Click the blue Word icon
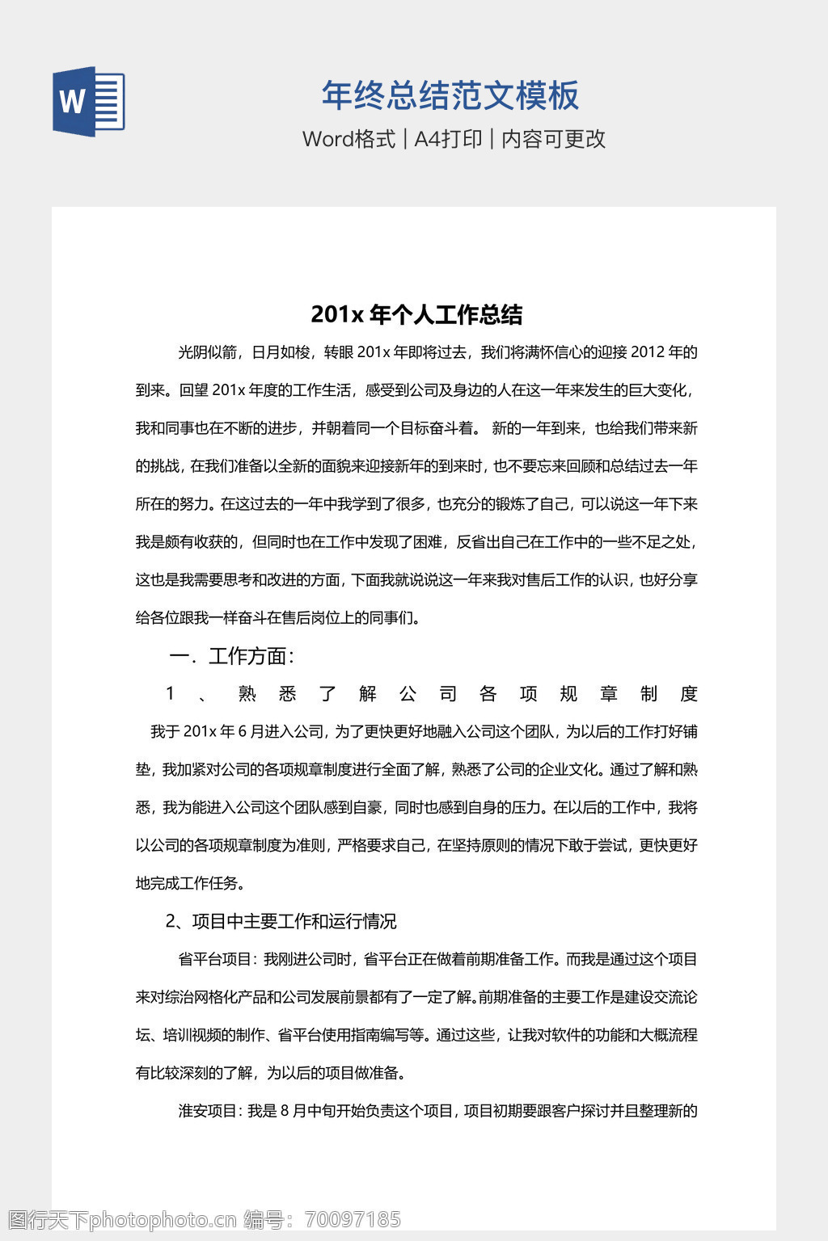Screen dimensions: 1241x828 (x=88, y=102)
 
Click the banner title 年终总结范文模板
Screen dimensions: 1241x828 (x=450, y=95)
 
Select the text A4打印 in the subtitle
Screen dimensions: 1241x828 (x=448, y=139)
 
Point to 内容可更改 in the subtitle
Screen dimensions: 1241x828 (x=554, y=139)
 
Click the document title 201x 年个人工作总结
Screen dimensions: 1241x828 (x=416, y=314)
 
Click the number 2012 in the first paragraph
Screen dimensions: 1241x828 (x=648, y=352)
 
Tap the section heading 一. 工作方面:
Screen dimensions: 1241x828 (x=231, y=656)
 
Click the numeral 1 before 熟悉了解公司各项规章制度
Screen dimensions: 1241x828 (x=171, y=693)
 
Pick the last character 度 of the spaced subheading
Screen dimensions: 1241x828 (x=689, y=694)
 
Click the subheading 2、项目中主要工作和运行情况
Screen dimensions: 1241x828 (x=281, y=921)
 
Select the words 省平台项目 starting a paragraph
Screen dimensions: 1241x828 (x=215, y=959)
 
